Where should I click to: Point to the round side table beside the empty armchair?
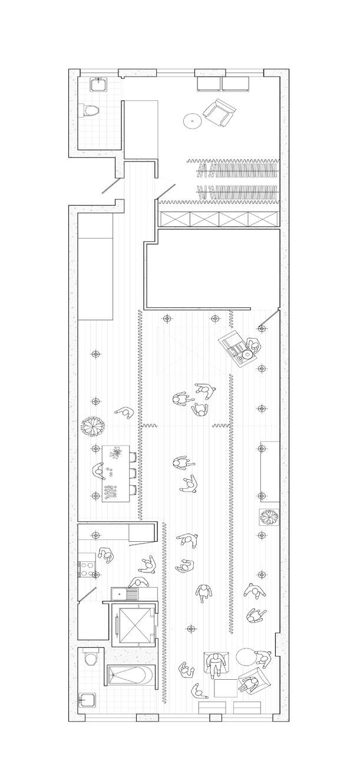pyautogui.click(x=192, y=121)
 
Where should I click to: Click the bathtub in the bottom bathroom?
pyautogui.click(x=131, y=676)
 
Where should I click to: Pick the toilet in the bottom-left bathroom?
pyautogui.click(x=90, y=658)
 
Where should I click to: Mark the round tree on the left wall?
pyautogui.click(x=93, y=425)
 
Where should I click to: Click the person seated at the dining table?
pyautogui.click(x=97, y=470)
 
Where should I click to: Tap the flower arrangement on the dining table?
pyautogui.click(x=116, y=453)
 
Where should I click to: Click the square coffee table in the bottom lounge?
pyautogui.click(x=224, y=689)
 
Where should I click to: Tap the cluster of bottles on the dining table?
pyautogui.click(x=111, y=491)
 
